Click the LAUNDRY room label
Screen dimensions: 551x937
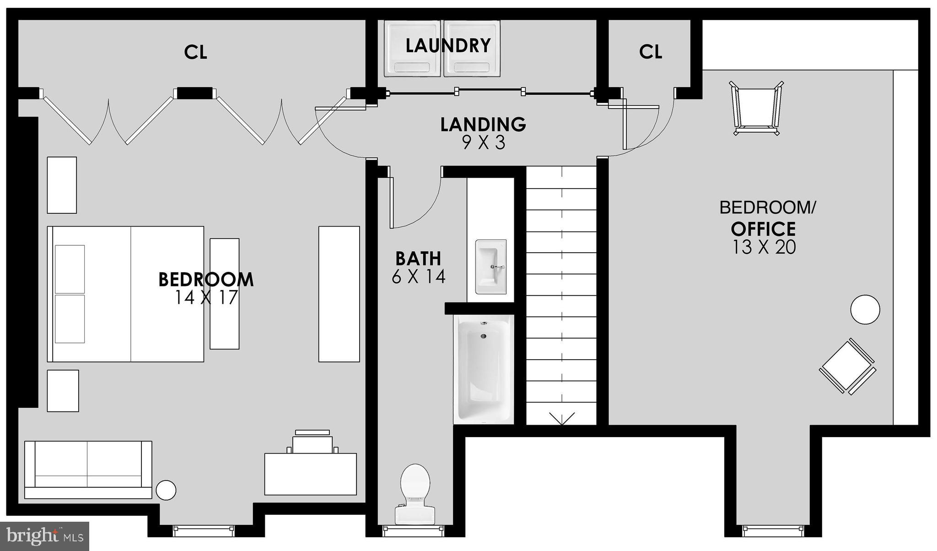448,46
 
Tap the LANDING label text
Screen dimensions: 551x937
483,124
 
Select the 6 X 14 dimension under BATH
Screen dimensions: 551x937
418,276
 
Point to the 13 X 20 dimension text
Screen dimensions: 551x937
764,247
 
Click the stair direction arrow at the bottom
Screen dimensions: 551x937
561,418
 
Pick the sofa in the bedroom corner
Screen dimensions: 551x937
88,470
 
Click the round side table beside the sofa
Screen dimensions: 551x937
166,490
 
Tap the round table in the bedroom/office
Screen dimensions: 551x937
865,309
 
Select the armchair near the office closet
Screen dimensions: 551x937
756,109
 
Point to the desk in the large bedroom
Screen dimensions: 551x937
311,474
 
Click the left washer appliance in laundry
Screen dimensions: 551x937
413,49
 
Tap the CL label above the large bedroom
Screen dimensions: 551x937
195,53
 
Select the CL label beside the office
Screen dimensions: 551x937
650,52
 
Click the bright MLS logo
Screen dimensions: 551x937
44,535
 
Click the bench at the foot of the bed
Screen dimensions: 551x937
224,293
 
